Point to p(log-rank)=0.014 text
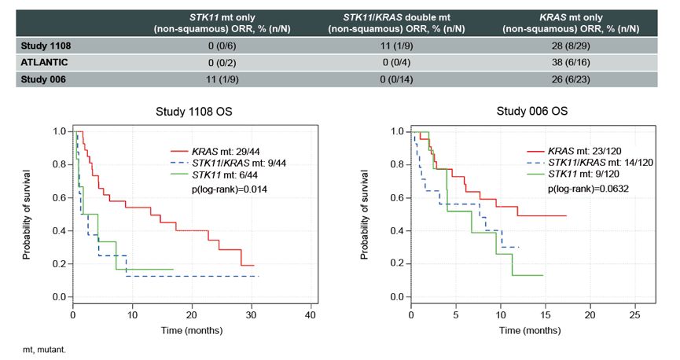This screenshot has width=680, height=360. [x=226, y=189]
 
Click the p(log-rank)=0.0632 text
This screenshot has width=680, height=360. [x=587, y=189]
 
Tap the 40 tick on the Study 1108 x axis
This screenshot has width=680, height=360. [x=311, y=315]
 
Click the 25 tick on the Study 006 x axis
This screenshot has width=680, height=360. [x=634, y=315]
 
